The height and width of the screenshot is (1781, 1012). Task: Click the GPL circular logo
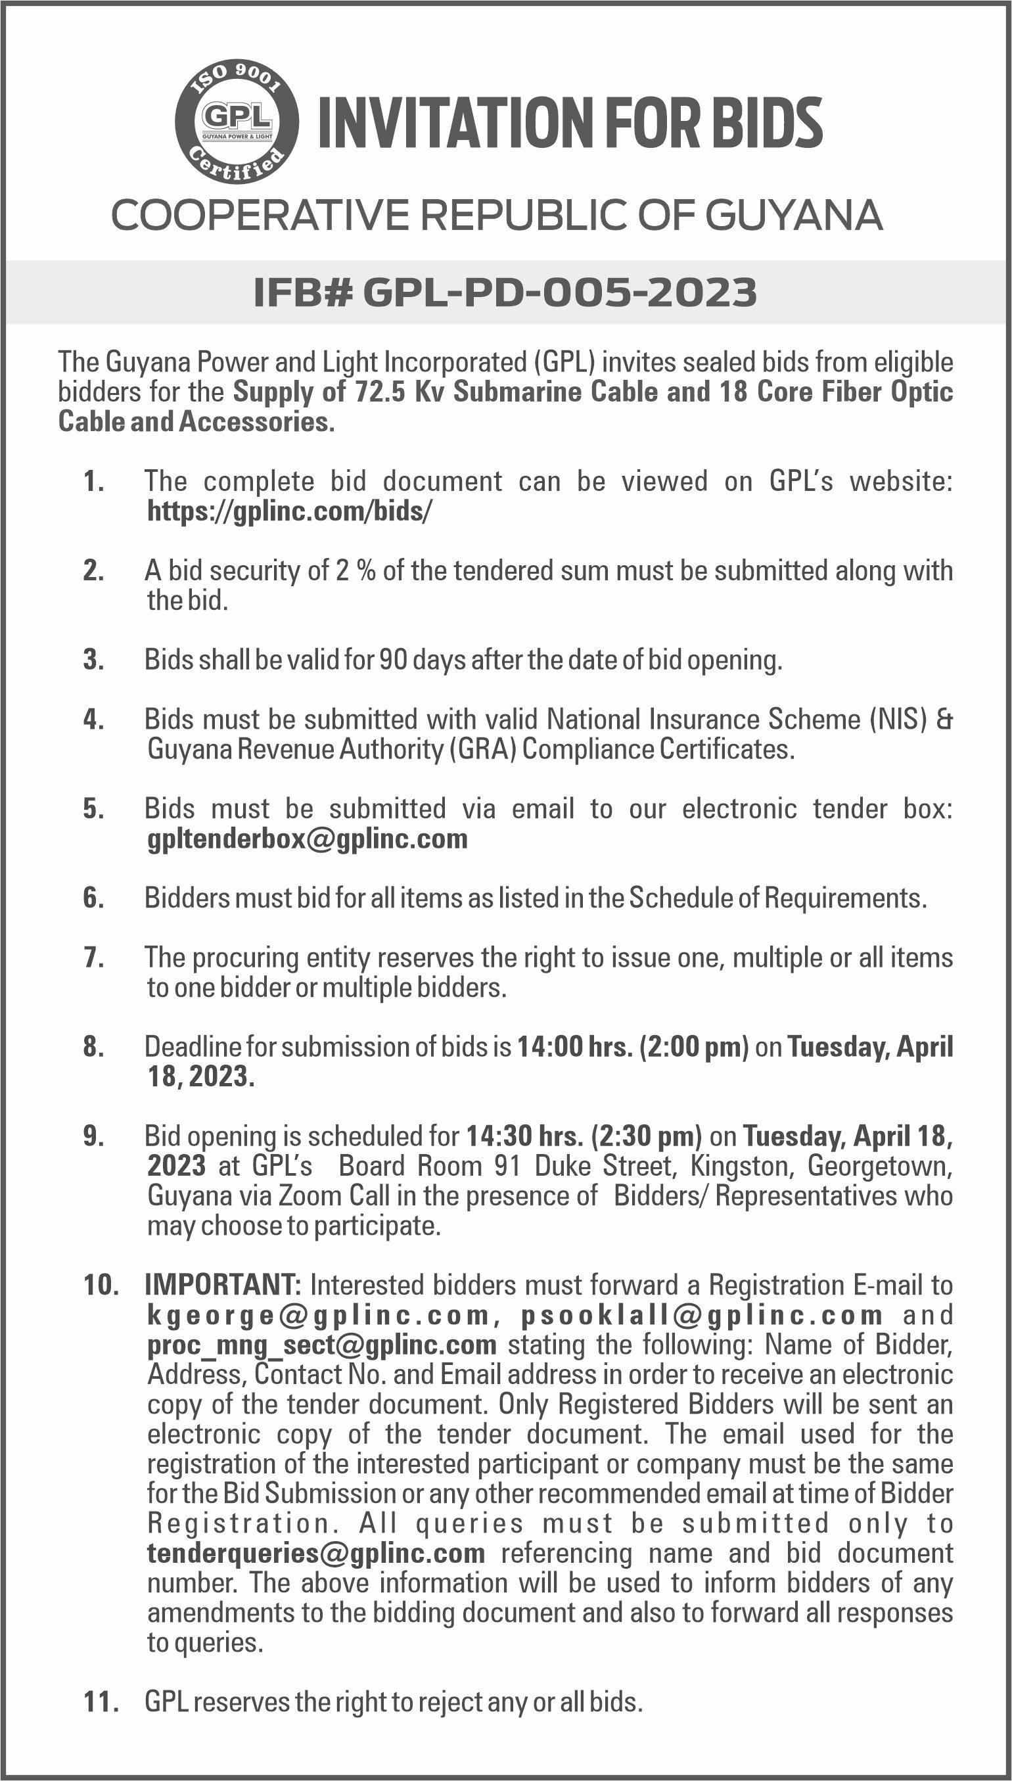[237, 121]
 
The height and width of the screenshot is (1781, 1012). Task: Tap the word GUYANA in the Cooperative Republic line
[794, 216]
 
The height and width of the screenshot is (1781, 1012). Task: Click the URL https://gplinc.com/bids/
[290, 511]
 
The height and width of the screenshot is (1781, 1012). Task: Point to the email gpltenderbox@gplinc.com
[308, 839]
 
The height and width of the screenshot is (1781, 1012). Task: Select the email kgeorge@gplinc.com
[319, 1316]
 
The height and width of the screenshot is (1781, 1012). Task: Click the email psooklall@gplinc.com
[702, 1316]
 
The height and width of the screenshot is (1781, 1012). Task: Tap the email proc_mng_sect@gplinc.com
[322, 1345]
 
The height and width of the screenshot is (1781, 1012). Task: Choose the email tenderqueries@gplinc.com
[315, 1552]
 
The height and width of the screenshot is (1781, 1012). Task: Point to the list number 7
[93, 958]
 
